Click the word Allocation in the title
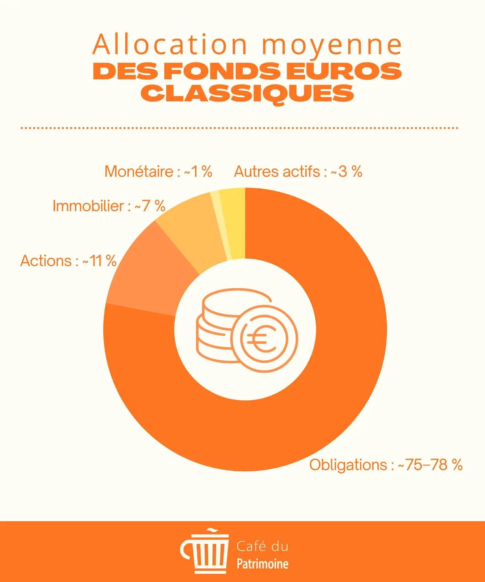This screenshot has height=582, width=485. coord(170,45)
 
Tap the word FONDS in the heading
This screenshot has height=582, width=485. coord(223,71)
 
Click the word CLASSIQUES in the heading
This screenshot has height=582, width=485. coord(247,94)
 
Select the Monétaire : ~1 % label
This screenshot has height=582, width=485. coord(158,172)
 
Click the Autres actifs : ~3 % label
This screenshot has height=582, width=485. coord(298,172)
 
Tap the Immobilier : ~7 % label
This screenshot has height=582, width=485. coord(109,206)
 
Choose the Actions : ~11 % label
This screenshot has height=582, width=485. coord(68,261)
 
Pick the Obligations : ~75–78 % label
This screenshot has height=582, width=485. coord(386,465)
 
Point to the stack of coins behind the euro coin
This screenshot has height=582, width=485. coord(216,326)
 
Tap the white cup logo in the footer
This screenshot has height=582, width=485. coord(207,552)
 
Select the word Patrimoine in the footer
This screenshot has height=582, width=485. coord(263,564)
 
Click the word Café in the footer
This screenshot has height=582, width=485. coord(251,546)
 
